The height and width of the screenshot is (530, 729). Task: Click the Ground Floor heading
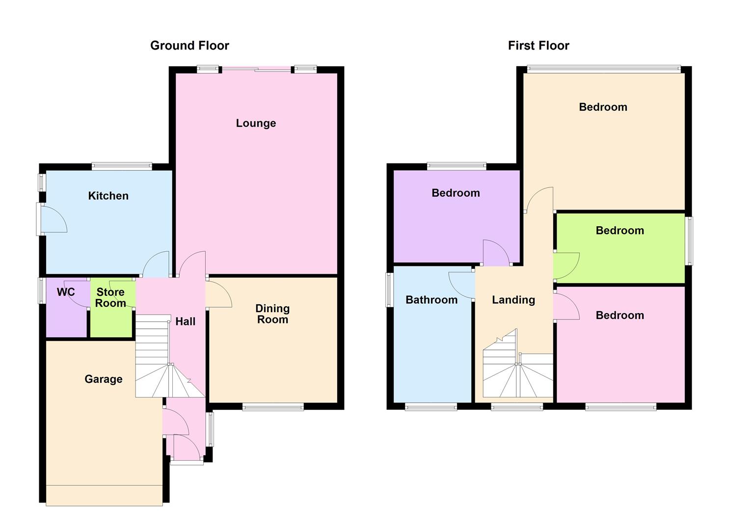189,46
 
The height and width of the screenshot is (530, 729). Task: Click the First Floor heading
539,46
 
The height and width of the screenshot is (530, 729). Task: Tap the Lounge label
256,123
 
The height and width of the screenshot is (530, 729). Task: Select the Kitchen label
108,196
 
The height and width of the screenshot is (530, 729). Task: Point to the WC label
66,292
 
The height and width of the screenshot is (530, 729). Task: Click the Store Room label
110,298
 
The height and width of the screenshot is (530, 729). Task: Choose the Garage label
103,379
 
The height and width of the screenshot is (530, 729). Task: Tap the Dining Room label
272,314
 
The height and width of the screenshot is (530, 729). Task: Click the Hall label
185,321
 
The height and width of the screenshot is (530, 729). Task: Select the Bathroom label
431,300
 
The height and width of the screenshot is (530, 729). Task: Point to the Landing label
513,300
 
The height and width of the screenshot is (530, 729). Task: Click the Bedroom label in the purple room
456,193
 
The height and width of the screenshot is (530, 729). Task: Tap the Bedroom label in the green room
620,231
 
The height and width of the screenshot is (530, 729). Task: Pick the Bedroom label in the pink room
620,316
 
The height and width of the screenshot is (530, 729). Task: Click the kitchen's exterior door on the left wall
52,219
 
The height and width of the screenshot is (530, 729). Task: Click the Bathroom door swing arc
461,285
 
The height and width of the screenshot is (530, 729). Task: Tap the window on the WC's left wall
42,291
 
